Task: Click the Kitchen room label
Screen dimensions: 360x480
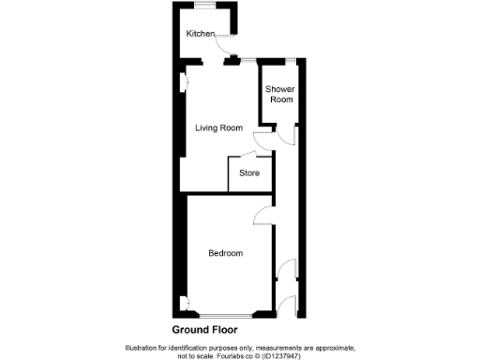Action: [x=201, y=34]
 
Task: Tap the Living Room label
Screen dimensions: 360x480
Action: [x=218, y=128]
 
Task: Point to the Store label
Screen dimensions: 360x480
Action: [x=249, y=173]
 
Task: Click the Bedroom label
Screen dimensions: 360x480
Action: [x=226, y=253]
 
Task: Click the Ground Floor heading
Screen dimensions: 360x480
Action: [x=205, y=330]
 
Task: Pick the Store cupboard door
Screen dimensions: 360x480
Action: [x=247, y=155]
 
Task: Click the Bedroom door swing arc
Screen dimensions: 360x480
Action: [x=262, y=217]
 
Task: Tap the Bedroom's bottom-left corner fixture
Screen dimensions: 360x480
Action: [x=187, y=303]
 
